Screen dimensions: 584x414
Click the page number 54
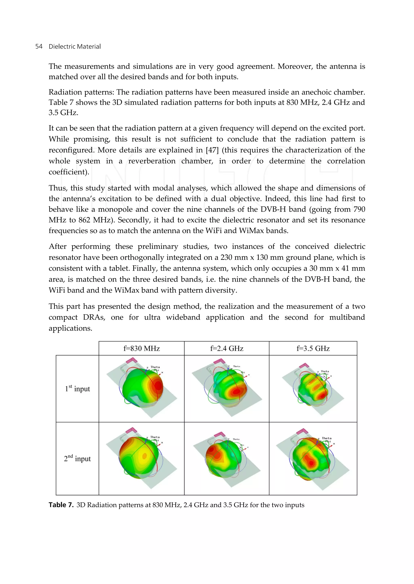tap(39, 46)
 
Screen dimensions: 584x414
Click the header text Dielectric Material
tap(74, 46)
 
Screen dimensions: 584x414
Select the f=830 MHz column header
tap(142, 348)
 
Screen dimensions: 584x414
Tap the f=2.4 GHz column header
tap(227, 348)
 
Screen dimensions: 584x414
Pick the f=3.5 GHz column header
tap(313, 348)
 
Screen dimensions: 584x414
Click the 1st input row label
tap(77, 389)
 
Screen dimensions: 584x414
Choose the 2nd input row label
tap(77, 458)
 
